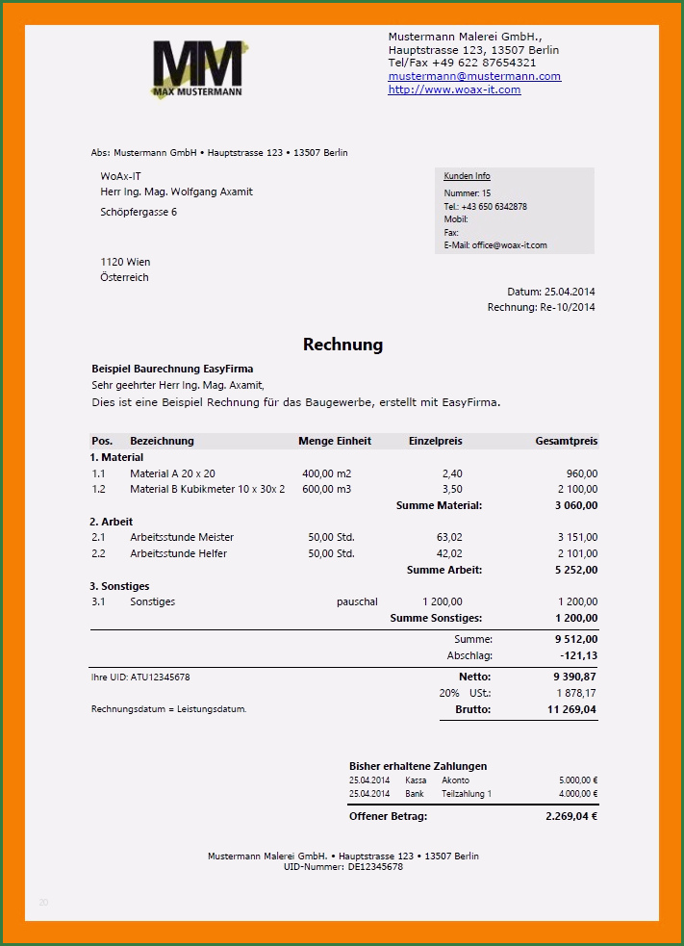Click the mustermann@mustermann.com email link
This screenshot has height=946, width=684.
(474, 76)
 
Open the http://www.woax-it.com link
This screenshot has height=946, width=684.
(454, 89)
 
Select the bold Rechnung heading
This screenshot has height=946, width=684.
(342, 345)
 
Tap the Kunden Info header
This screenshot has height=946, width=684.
(467, 176)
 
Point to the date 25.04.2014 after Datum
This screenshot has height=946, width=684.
(570, 292)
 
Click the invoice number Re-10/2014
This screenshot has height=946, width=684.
(567, 308)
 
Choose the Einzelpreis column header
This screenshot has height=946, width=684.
(435, 442)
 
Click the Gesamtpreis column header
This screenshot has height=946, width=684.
(566, 442)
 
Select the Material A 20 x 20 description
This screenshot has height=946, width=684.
(172, 473)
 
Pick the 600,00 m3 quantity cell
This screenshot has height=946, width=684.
(327, 489)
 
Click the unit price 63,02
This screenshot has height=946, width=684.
(449, 537)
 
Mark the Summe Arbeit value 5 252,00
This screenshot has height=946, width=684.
(576, 570)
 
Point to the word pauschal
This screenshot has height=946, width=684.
(357, 601)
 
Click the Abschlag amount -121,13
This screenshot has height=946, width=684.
(578, 655)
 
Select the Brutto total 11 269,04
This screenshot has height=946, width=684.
(571, 709)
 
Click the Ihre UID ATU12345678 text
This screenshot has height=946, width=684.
(140, 678)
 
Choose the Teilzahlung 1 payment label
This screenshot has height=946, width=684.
(467, 794)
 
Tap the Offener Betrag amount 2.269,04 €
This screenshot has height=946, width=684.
(565, 816)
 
